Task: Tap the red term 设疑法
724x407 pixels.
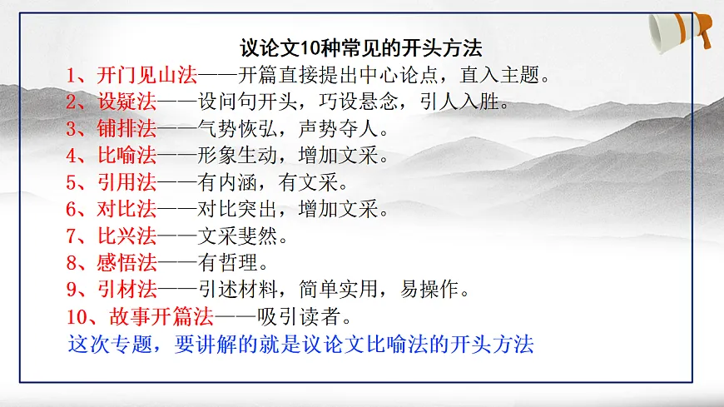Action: click(125, 103)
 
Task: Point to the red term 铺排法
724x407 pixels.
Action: click(125, 130)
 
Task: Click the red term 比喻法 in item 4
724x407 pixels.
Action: click(125, 156)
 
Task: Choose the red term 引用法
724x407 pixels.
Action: click(125, 183)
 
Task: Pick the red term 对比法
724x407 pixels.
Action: click(125, 210)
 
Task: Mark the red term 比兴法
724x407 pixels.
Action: click(125, 236)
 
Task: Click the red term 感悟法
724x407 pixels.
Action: click(125, 263)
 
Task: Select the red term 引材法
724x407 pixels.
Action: click(125, 290)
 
